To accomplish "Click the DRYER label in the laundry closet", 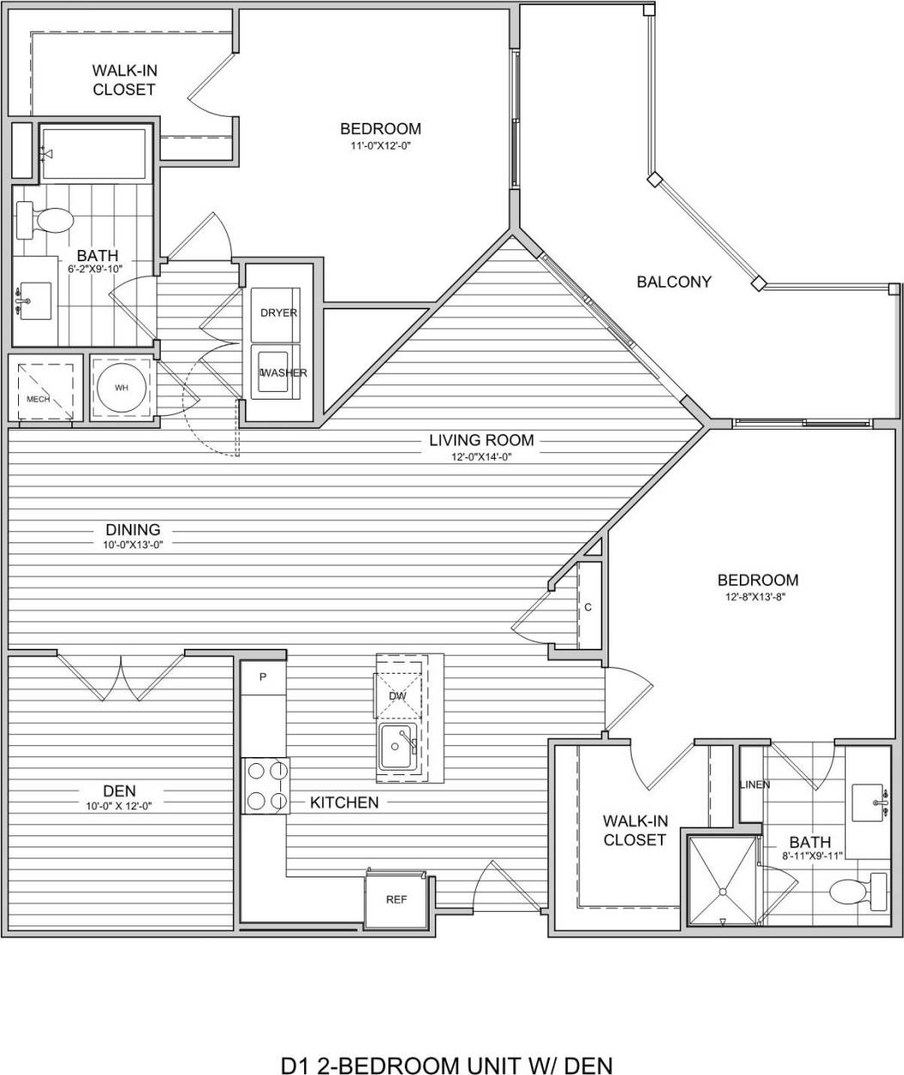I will [278, 313].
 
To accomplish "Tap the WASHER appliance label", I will [284, 373].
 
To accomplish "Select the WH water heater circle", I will [121, 388].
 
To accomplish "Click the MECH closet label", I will [38, 400].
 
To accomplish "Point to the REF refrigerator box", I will [395, 900].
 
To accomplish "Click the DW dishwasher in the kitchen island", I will [397, 695].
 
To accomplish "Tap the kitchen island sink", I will [398, 745].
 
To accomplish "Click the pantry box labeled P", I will [263, 677].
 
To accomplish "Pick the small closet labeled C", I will [589, 607].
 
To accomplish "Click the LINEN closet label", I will [754, 785].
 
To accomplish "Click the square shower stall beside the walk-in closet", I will [722, 883].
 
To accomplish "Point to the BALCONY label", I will [674, 282].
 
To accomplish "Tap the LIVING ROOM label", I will [481, 441].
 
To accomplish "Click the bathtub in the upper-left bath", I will [95, 154].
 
